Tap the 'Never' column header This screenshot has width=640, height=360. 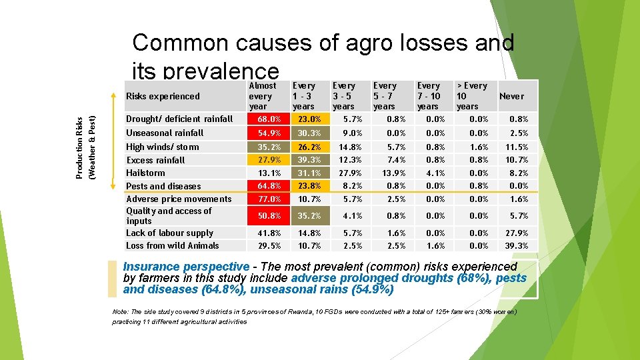click(x=512, y=96)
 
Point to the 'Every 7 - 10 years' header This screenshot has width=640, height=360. click(x=428, y=96)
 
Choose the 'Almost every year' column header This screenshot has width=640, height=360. click(x=262, y=96)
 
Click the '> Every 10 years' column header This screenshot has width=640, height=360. click(x=471, y=96)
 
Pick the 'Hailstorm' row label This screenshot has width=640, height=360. click(x=146, y=173)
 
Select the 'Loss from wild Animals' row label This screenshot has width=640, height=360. click(x=173, y=245)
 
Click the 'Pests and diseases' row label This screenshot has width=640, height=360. click(x=163, y=186)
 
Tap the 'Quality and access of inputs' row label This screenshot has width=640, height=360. click(x=169, y=215)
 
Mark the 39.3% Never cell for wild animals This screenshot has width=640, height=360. click(x=517, y=246)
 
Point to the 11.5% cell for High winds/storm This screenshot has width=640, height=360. click(x=517, y=147)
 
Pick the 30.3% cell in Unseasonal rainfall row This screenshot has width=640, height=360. click(x=309, y=133)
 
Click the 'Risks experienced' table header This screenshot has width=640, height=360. click(x=163, y=96)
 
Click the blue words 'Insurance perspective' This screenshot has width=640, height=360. click(x=186, y=267)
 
